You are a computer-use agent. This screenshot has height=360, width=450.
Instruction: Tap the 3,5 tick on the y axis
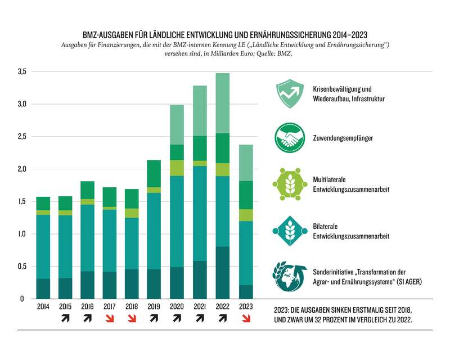click(22, 72)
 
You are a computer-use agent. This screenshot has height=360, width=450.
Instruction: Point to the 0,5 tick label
click(22, 267)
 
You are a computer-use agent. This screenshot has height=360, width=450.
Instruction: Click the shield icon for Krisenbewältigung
click(289, 93)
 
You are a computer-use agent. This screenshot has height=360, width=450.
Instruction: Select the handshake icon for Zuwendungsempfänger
click(289, 138)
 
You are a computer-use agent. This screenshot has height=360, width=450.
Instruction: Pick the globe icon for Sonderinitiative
click(289, 276)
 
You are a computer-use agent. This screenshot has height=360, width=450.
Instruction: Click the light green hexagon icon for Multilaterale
click(289, 182)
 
